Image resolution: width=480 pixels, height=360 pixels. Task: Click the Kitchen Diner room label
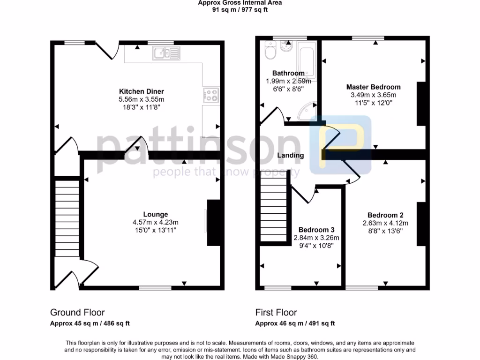click(135, 91)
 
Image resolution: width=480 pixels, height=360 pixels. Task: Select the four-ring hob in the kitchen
click(211, 95)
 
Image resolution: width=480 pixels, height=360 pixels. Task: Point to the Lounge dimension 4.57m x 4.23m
click(155, 222)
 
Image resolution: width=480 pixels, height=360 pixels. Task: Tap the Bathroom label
click(288, 73)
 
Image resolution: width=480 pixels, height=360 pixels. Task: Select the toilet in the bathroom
click(270, 51)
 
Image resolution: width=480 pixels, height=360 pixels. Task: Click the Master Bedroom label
click(374, 87)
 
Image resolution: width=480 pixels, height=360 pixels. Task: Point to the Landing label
click(291, 155)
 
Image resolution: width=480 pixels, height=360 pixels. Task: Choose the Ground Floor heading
click(77, 313)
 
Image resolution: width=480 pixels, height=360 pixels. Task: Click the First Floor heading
click(276, 313)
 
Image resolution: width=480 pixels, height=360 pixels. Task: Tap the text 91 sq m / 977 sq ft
click(240, 9)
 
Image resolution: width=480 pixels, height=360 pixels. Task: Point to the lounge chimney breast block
click(214, 223)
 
